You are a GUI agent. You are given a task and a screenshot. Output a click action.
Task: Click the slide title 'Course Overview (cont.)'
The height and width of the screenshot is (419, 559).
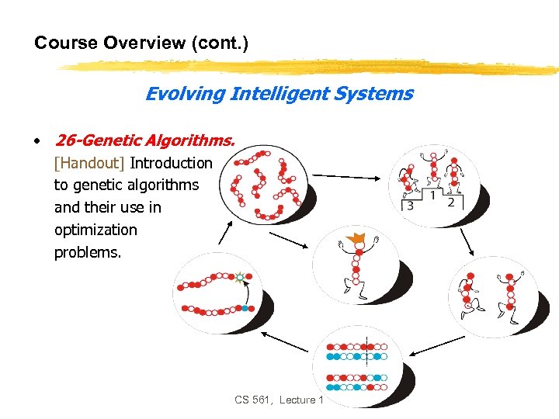[141, 43]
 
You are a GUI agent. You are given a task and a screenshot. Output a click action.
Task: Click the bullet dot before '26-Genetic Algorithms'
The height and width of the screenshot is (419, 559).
[36, 141]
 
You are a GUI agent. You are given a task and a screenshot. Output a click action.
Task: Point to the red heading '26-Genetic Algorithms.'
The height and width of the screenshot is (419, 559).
[144, 140]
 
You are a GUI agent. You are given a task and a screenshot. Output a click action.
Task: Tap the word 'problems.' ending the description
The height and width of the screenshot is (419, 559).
[88, 252]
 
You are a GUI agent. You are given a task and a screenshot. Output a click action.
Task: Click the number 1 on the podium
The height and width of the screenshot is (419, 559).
[432, 194]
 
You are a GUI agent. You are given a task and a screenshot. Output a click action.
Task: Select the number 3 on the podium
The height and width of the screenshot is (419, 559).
[409, 206]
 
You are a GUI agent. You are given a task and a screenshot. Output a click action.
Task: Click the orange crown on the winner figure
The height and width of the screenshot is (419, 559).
[358, 241]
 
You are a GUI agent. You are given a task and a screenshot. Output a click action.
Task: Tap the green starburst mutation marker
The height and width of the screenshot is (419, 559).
[241, 276]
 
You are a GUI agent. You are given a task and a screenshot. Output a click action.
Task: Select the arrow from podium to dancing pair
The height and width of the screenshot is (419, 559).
[468, 242]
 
